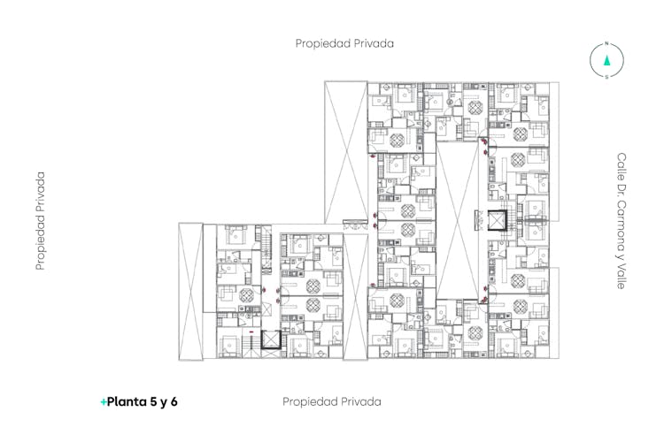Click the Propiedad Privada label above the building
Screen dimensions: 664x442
[344, 43]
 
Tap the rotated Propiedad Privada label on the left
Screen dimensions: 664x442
[40, 221]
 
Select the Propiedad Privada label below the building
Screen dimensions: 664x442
[332, 401]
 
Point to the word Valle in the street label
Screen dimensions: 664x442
[622, 278]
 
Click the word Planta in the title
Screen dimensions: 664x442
[127, 401]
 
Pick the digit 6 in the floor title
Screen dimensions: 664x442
[174, 401]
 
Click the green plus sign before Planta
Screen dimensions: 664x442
[104, 402]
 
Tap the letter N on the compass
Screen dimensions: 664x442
[606, 43]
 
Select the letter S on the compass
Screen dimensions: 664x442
[606, 77]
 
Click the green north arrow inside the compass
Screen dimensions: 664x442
[606, 60]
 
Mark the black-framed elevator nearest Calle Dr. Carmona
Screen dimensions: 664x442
[498, 220]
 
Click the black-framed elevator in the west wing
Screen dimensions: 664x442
[271, 339]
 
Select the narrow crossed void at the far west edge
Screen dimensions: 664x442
[190, 292]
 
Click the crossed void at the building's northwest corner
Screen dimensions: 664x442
[346, 152]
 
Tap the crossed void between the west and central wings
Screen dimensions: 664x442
[355, 296]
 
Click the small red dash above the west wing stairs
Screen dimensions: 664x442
[251, 332]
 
